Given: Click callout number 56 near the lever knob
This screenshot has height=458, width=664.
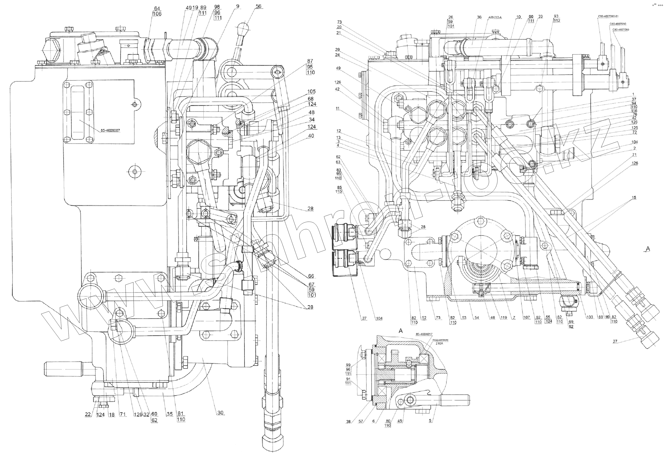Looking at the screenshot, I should (x=258, y=7).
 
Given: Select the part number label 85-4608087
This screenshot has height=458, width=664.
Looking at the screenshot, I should (x=110, y=131).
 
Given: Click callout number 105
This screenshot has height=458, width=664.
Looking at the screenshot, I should (x=311, y=91).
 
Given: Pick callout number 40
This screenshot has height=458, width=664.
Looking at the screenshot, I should (x=311, y=136).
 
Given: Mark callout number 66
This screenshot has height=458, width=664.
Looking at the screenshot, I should (x=311, y=276).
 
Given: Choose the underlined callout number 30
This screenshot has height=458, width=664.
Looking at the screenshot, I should (x=220, y=413).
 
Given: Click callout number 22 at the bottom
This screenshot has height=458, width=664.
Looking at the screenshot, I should (x=88, y=414).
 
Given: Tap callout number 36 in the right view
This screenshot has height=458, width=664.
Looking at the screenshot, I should (x=479, y=17).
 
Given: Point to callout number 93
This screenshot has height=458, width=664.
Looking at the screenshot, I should (x=556, y=16).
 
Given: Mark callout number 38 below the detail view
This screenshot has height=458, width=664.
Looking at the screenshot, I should (x=348, y=422).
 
